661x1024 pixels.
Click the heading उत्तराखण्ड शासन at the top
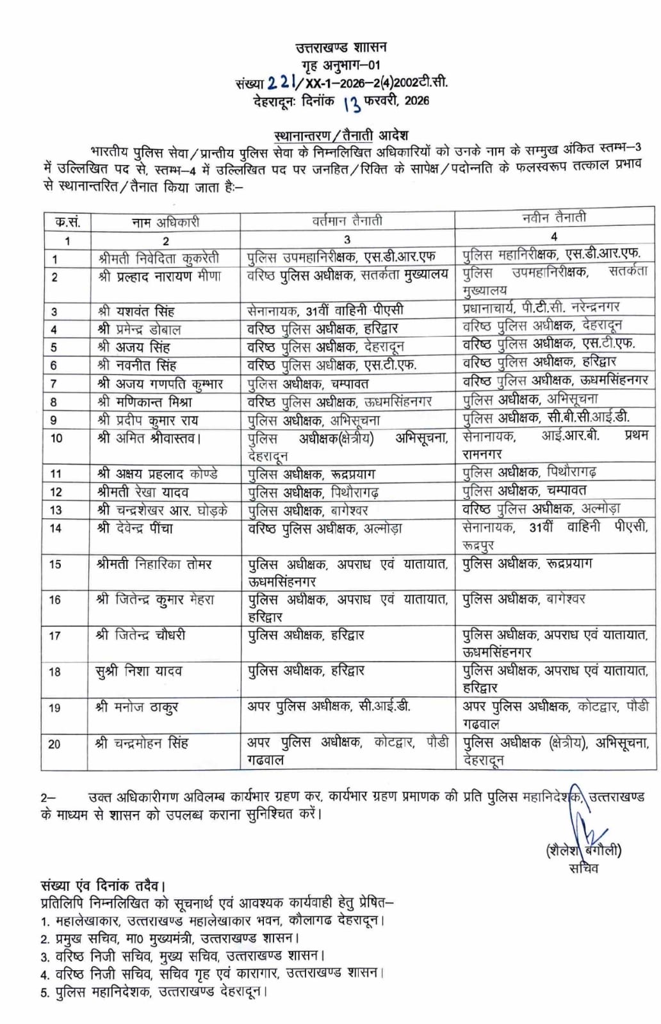[341, 47]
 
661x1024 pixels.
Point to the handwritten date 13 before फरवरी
[352, 102]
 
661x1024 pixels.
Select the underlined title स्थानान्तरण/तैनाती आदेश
[341, 136]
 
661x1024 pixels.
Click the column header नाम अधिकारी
[165, 222]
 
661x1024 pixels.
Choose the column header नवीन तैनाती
[553, 218]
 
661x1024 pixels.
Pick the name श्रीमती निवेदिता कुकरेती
[159, 259]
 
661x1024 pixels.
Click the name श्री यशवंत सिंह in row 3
[136, 312]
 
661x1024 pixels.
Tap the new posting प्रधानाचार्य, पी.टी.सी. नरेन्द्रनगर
[541, 307]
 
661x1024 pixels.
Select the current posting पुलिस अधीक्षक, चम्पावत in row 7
[308, 384]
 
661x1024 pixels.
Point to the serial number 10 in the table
[56, 438]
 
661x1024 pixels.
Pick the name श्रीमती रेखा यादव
[142, 492]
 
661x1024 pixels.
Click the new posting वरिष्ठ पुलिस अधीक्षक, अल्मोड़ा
[541, 509]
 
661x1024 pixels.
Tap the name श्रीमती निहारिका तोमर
[154, 564]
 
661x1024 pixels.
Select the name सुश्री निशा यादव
[139, 671]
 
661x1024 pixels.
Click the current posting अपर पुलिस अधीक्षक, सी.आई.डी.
[329, 707]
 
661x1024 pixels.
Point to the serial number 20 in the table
[54, 744]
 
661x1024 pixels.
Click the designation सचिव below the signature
[583, 868]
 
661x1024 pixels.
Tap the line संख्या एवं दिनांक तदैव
[103, 886]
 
